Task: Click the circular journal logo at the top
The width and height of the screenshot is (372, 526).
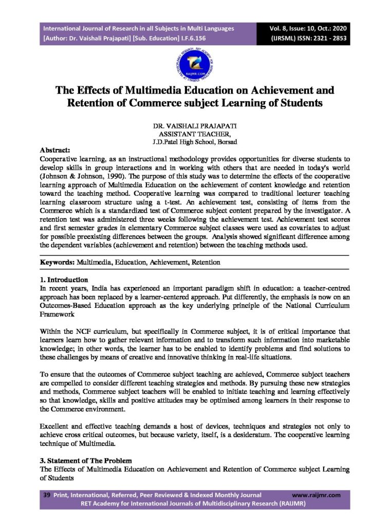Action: [186, 64]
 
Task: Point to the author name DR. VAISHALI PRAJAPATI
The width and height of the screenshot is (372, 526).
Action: [186, 126]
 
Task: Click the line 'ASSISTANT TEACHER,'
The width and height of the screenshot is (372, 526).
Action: [186, 134]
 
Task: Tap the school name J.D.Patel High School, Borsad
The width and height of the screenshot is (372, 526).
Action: [186, 141]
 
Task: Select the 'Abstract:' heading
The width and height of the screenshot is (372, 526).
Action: [55, 150]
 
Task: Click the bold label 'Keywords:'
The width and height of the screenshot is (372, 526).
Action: [58, 262]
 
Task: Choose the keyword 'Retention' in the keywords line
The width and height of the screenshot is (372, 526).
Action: [206, 262]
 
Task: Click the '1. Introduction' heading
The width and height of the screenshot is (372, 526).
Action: [64, 280]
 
